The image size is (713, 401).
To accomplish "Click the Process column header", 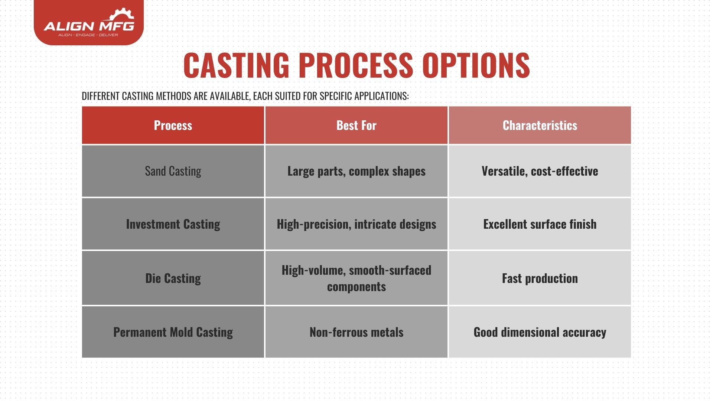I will pyautogui.click(x=173, y=125).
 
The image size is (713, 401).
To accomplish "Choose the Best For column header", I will pyautogui.click(x=356, y=125).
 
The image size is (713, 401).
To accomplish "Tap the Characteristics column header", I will pyautogui.click(x=540, y=125).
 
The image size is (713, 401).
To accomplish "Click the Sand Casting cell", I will pyautogui.click(x=173, y=171).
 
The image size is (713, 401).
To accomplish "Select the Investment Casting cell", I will pyautogui.click(x=173, y=224).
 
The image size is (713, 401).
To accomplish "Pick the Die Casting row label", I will pyautogui.click(x=173, y=278).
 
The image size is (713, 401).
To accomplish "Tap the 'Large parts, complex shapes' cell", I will pyautogui.click(x=356, y=171).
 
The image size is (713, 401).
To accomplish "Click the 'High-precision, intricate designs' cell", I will pyautogui.click(x=356, y=224).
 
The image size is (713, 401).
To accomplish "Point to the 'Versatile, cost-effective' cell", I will pyautogui.click(x=540, y=171).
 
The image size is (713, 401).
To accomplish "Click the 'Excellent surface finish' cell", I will pyautogui.click(x=540, y=224).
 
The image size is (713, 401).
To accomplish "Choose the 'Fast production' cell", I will pyautogui.click(x=540, y=278).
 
